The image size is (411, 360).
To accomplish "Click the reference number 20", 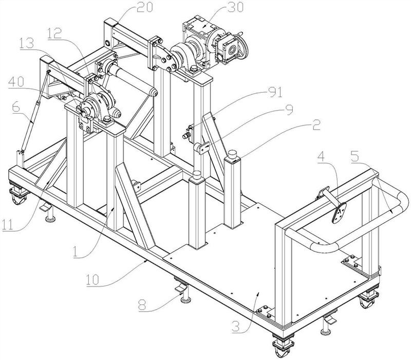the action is coord(144,7).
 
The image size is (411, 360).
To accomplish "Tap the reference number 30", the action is coord(235,7).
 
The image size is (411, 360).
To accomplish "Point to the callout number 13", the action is coord(27,43).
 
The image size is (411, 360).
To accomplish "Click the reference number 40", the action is coord(16,82).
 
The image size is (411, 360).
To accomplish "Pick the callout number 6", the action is coord(16,108).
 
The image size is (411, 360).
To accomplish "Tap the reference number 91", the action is coord(275,92).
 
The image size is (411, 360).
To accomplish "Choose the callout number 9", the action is coord(288,110).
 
